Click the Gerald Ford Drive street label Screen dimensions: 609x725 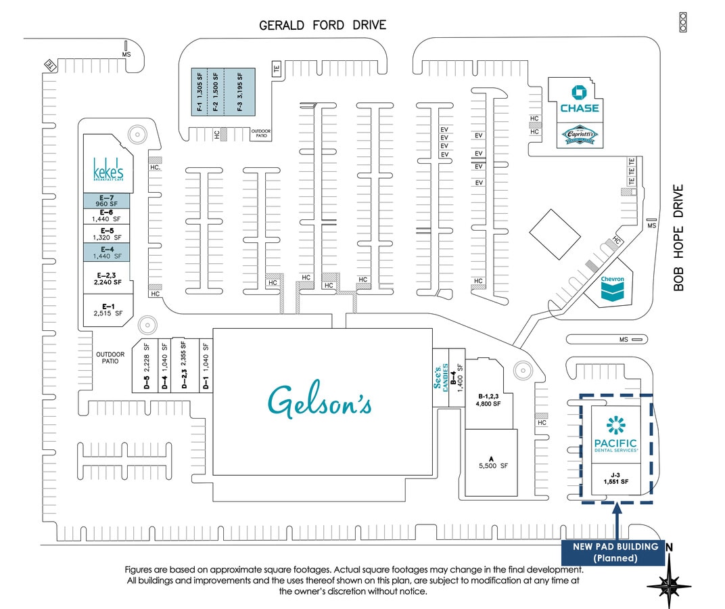point(323,26)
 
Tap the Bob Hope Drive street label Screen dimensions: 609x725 point(679,238)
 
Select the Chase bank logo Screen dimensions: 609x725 point(579,100)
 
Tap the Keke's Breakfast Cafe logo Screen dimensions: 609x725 point(108,170)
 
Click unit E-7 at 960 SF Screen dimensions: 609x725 point(108,200)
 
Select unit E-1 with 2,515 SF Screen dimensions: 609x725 point(108,310)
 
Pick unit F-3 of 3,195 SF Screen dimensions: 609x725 point(240,92)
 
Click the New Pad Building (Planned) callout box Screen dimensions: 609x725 point(615,552)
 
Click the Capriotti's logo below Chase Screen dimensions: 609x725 point(579,135)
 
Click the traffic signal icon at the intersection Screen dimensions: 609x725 point(682,22)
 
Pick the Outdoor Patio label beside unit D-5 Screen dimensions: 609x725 point(110,357)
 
